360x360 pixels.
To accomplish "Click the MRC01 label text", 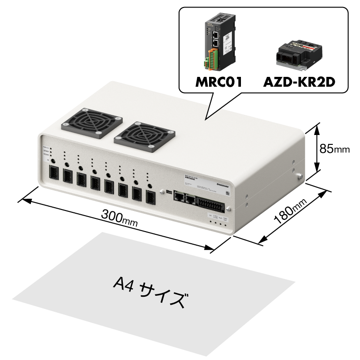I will pos(218,83).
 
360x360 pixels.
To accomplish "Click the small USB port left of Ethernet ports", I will pos(168,192).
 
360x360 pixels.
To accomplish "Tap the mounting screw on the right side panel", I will pos(298,177).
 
